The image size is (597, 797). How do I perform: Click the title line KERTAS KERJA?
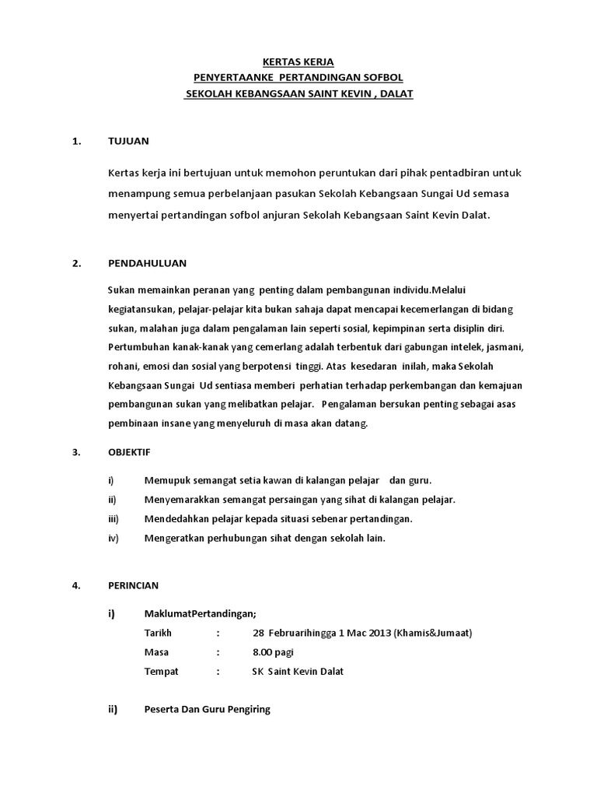298,61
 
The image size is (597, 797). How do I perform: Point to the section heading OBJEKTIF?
129,451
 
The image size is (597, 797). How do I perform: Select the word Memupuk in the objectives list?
167,479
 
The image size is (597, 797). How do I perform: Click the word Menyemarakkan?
183,499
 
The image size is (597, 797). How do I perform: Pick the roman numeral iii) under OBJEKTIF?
113,518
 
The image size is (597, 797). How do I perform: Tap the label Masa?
156,651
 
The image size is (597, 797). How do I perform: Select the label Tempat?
161,671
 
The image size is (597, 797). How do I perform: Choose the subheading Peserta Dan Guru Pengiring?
207,711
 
